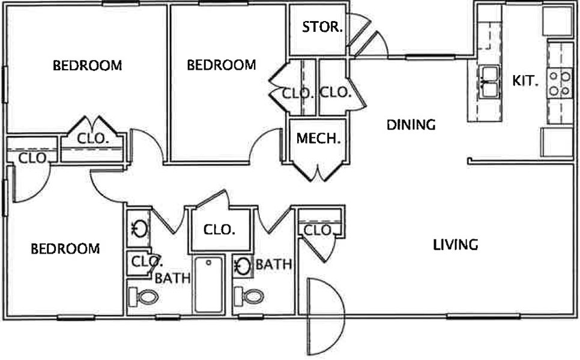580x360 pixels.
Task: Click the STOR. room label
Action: coord(322,26)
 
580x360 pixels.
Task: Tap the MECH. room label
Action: coord(318,139)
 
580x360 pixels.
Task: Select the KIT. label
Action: coord(525,80)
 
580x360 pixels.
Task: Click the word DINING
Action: coord(411,125)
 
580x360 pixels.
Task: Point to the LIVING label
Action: coord(456,245)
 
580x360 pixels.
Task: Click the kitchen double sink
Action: coord(489,82)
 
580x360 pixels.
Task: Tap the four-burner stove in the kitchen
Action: coord(560,84)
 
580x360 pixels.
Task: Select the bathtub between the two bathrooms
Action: coord(209,284)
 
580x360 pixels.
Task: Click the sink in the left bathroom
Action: coord(139,229)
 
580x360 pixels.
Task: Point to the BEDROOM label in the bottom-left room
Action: coord(65,249)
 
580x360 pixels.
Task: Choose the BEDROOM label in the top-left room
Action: coord(87,65)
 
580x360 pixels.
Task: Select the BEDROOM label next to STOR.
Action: coord(221,65)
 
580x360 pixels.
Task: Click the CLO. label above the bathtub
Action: coord(219,230)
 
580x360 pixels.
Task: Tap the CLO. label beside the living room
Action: coord(318,230)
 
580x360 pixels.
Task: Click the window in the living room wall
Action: coord(483,316)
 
